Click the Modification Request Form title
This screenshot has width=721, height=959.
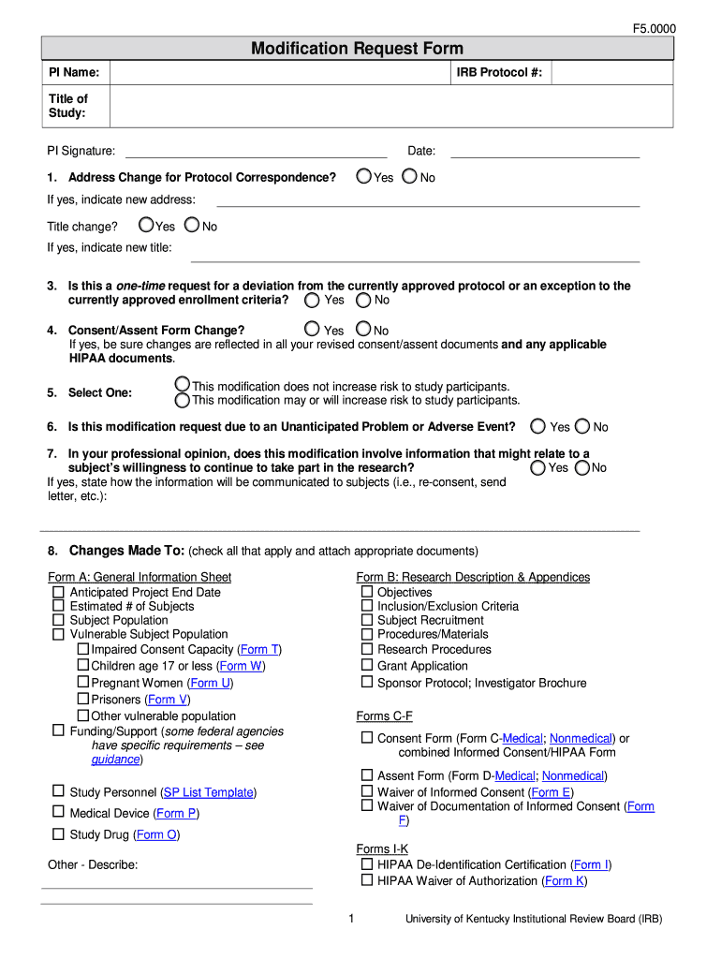pos(357,49)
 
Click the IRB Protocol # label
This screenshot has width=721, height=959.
pos(499,72)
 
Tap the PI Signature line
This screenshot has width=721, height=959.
pos(256,151)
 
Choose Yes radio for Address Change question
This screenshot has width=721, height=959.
pos(363,176)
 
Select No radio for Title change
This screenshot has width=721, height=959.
pos(192,225)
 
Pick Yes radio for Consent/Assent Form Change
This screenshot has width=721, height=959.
pos(312,329)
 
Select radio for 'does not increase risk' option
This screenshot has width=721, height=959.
pos(183,385)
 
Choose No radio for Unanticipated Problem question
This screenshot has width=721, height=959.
pos(582,426)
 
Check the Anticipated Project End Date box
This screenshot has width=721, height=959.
pos(59,592)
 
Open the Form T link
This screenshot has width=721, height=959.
pos(259,649)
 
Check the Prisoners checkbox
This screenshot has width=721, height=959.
pos(83,700)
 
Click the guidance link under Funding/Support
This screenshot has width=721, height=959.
pos(116,760)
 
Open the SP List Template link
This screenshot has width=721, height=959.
pos(208,792)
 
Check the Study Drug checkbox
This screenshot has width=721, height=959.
pos(59,834)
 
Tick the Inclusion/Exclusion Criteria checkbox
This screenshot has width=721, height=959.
pos(367,606)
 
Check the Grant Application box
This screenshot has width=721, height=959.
pos(367,666)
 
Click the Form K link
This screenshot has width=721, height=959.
pos(565,880)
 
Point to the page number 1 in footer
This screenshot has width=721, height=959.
pos(351,919)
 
